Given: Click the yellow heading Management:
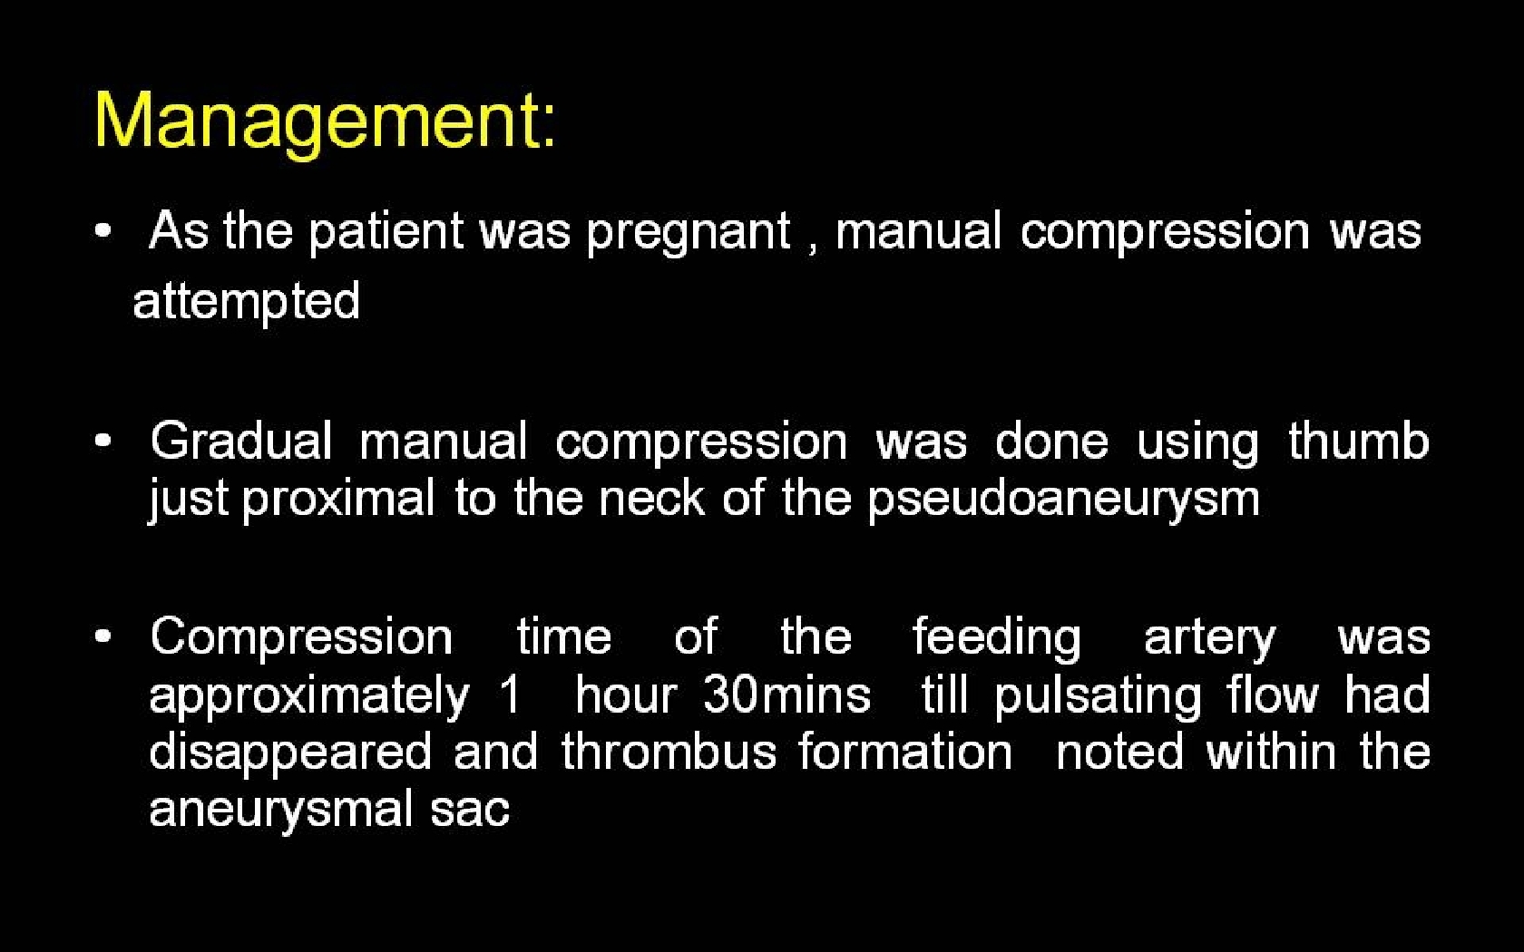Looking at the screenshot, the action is coord(325,123).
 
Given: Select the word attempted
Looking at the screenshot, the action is coord(247,301).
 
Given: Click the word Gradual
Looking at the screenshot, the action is coord(241,442).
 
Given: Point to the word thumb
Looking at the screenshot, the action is coord(1359,442).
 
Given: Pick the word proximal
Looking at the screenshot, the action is coord(338,500).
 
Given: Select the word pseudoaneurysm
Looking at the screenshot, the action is coord(1063,500).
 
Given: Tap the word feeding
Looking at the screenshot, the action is coord(997,639).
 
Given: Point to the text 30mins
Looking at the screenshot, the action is coord(786,695).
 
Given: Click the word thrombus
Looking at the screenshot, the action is coord(669,753).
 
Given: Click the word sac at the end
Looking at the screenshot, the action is coord(470,811).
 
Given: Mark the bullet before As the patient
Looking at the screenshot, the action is coord(103,230).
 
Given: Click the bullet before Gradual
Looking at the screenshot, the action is coord(103,442).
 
